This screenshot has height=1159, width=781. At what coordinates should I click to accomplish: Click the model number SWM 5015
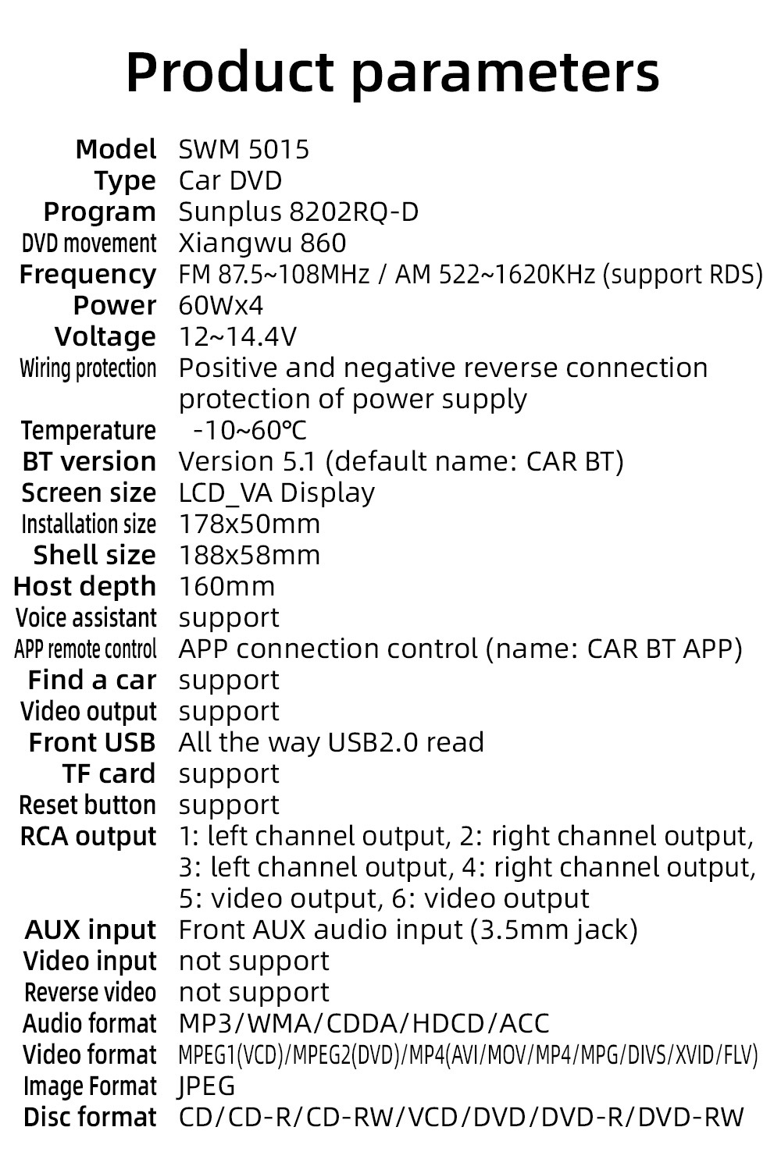[x=244, y=149]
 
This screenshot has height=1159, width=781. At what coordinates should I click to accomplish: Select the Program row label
[x=99, y=212]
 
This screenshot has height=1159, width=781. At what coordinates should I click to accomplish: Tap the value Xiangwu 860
[x=262, y=244]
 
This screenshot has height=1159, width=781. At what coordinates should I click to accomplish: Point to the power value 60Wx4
[x=221, y=306]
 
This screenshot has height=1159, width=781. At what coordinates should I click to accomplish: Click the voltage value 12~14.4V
[x=237, y=337]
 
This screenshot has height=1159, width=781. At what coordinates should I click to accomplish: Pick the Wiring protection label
[x=87, y=368]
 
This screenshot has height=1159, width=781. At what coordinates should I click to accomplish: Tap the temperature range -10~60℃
[x=250, y=430]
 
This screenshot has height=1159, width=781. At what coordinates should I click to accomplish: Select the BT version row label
[x=89, y=462]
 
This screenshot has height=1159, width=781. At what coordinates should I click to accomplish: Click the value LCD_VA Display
[x=276, y=493]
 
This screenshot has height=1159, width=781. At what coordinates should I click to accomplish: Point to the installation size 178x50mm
[x=249, y=524]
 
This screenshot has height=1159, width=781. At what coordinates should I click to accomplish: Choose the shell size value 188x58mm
[x=249, y=556]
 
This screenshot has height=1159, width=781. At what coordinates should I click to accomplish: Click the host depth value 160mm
[x=226, y=587]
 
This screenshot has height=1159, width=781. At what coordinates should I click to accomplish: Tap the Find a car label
[x=92, y=681]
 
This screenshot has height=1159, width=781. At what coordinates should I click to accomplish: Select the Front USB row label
[x=92, y=743]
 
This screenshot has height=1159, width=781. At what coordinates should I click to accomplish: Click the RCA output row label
[x=88, y=837]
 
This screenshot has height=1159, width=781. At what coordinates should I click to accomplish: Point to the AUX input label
[x=91, y=930]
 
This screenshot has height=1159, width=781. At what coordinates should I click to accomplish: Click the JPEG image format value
[x=207, y=1086]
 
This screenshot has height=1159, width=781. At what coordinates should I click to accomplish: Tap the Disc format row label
[x=90, y=1118]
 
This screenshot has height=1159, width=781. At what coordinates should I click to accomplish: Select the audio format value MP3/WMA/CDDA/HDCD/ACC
[x=364, y=1024]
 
